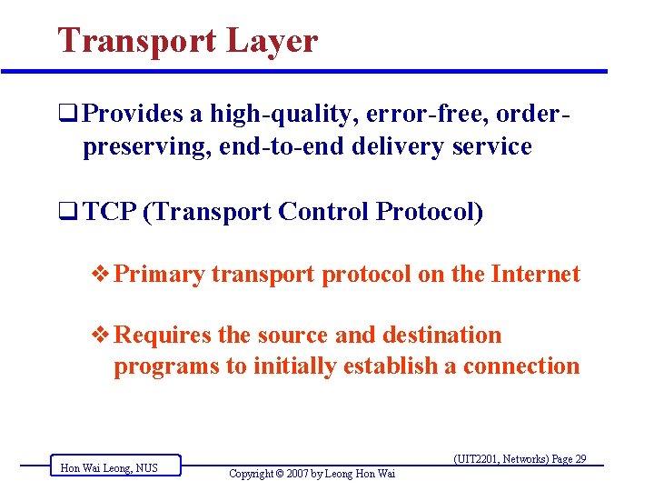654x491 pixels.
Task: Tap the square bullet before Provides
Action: coord(66,115)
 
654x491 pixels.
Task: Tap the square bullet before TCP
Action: coord(66,213)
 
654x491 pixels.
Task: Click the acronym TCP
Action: coord(109,212)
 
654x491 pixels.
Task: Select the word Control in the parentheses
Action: coord(324,212)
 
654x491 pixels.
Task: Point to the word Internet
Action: coord(535,274)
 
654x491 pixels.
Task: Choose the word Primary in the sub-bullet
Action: coord(160,275)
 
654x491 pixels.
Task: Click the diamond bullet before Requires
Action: coord(103,336)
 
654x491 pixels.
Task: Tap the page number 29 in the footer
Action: coord(580,459)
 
